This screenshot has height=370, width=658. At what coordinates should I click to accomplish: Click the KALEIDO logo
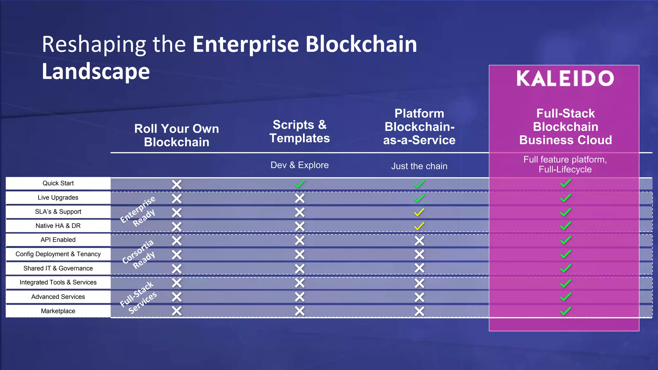click(565, 79)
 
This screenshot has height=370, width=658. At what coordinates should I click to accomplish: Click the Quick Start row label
click(58, 183)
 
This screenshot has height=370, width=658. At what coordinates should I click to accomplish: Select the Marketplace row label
click(58, 311)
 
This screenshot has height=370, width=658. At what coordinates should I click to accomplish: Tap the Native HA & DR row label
click(58, 226)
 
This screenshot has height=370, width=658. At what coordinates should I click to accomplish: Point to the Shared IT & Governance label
click(58, 268)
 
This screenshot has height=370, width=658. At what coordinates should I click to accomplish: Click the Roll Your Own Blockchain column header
click(176, 135)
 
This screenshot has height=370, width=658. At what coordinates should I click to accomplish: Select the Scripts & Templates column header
click(299, 131)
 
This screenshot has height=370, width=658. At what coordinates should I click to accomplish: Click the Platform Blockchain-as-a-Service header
click(419, 127)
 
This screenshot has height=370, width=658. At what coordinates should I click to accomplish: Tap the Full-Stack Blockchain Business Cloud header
click(565, 127)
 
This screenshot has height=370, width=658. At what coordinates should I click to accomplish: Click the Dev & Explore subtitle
click(299, 165)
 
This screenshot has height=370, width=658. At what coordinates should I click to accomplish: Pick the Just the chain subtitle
click(419, 166)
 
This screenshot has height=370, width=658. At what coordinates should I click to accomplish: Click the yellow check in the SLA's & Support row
click(419, 212)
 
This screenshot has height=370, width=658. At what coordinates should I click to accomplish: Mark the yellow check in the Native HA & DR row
click(419, 226)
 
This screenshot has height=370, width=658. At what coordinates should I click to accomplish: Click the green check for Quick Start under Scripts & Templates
click(300, 184)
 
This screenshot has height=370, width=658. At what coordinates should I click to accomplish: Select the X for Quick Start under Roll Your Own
click(176, 184)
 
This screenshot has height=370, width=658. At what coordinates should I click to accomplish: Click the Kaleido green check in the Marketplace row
click(565, 311)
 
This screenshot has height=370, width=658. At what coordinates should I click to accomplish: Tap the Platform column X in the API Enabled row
click(419, 241)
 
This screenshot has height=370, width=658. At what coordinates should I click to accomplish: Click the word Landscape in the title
click(96, 71)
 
